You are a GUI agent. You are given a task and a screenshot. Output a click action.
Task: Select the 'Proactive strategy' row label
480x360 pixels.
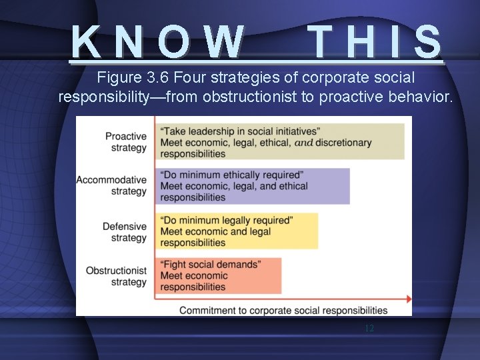coord(125,142)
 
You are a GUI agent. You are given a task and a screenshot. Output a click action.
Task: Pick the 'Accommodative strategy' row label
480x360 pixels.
coord(111,185)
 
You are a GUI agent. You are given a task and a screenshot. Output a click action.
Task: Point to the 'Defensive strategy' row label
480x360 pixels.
coord(125,232)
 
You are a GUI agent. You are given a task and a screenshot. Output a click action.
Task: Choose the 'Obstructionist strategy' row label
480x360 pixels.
coord(116,276)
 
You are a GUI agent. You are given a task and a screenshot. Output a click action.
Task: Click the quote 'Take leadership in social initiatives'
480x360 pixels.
coord(240,131)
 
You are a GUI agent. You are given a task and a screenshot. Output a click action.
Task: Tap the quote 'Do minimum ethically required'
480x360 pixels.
coord(232,175)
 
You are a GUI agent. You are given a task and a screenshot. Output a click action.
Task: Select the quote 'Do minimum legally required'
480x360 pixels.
coord(227,220)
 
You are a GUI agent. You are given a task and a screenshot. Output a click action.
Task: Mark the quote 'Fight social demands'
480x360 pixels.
coord(211,265)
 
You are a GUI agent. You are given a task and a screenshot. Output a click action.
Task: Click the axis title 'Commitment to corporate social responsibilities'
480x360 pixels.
coord(283,310)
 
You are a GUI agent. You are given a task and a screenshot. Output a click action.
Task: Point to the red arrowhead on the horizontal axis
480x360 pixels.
coord(407,299)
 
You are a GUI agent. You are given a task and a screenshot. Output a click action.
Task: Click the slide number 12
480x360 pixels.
coord(369,329)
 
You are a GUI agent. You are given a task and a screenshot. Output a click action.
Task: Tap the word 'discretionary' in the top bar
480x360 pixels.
coord(343,142)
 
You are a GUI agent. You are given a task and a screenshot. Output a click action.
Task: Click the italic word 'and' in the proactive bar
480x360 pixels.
coord(303,143)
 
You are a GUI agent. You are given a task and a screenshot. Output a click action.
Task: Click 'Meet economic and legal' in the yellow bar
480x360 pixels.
coord(215,231)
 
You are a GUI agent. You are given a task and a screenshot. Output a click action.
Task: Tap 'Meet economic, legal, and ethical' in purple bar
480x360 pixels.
coord(234,186)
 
